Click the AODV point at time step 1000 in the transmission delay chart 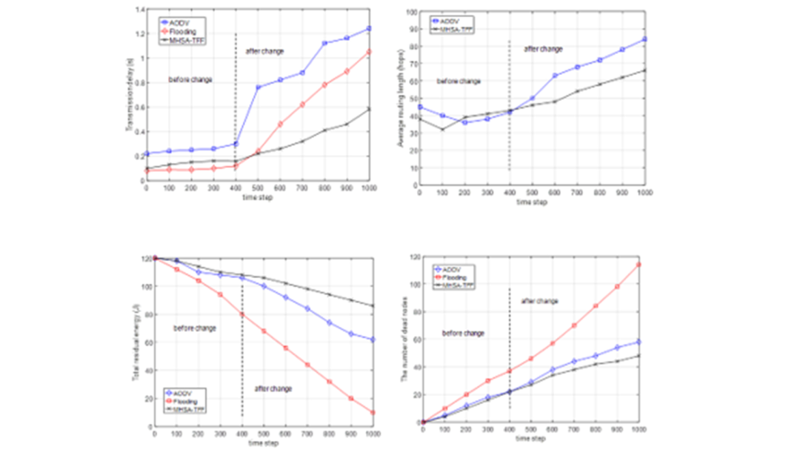coord(369,28)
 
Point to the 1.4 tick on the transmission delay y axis coord(140,10)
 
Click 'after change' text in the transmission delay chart coord(264,51)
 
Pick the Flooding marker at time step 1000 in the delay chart coord(369,52)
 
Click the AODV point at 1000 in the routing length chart coord(644,39)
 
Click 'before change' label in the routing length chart coord(459,81)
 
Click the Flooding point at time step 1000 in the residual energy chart coord(372,412)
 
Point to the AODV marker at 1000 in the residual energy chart coord(372,340)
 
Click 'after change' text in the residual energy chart coord(273,388)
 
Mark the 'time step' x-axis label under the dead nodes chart coord(530,439)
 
